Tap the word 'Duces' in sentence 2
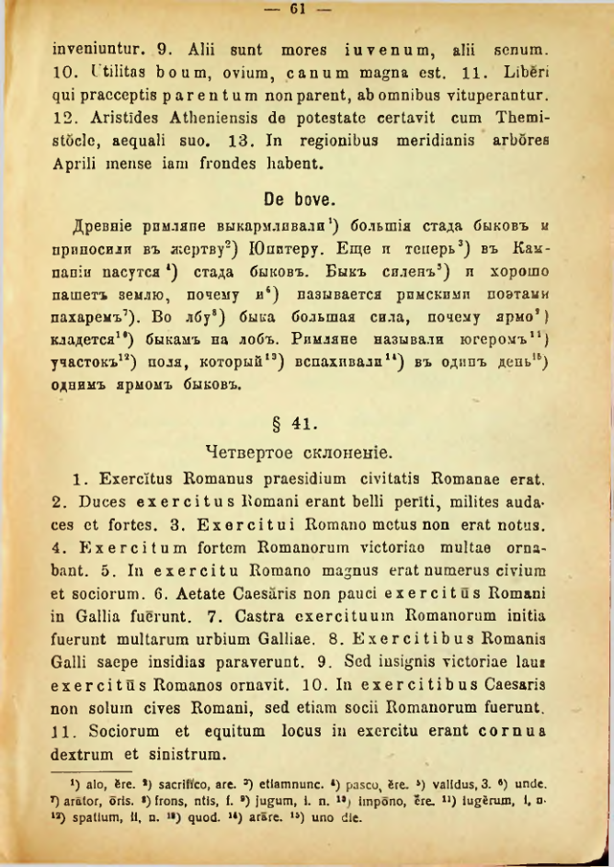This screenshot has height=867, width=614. (x=90, y=503)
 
